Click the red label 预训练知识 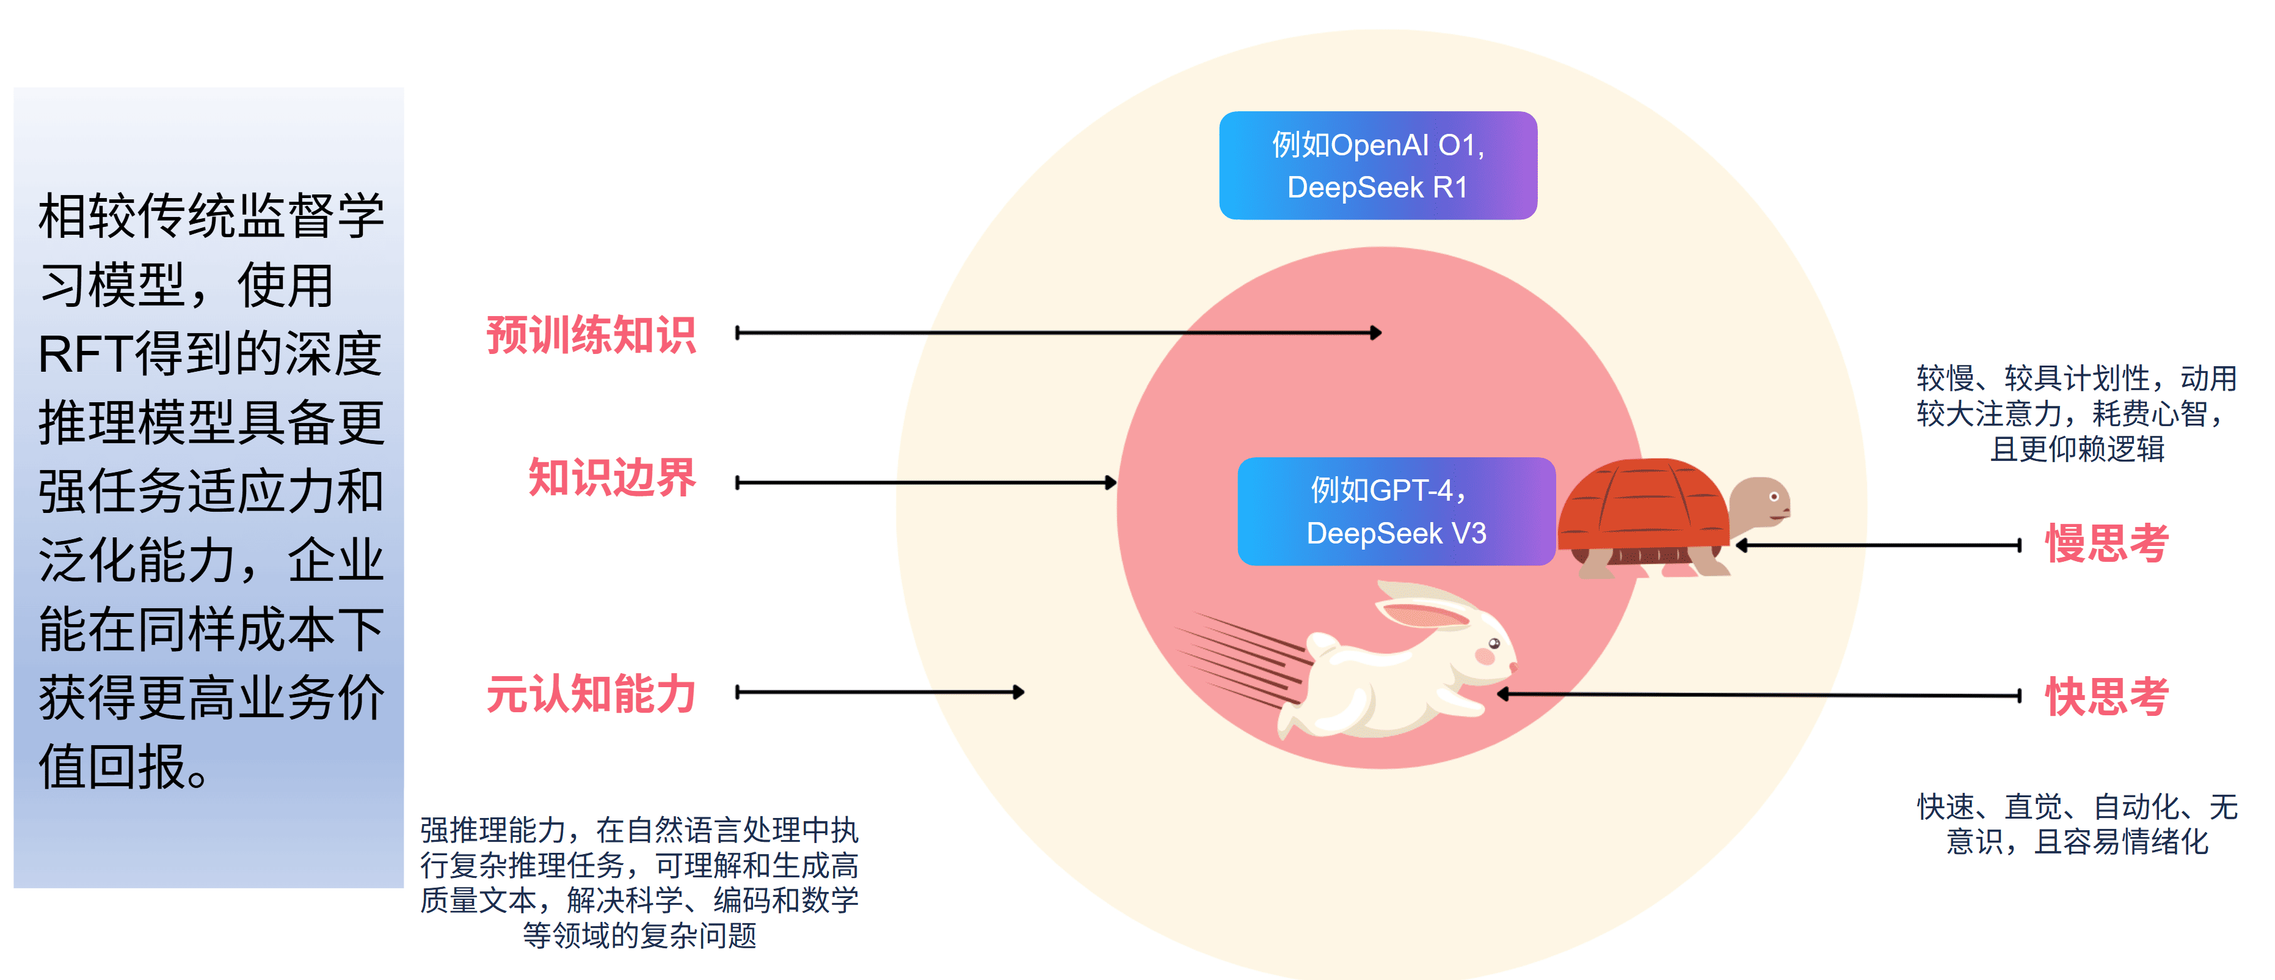pos(591,336)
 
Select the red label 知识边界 pos(612,478)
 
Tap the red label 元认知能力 pos(591,694)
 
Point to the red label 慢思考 pos(2106,543)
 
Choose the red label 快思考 pos(2106,696)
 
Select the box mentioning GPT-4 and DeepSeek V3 pos(1396,510)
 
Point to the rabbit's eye pos(1493,643)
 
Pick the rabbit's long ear pos(1422,610)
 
